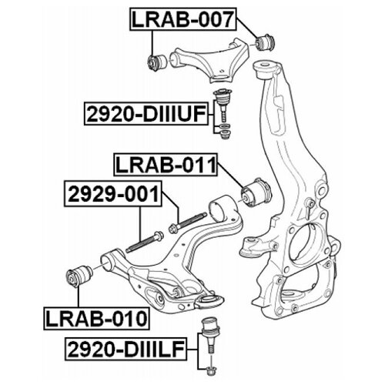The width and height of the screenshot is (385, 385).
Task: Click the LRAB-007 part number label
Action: [183, 19]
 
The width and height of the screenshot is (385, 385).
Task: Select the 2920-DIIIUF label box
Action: [146, 113]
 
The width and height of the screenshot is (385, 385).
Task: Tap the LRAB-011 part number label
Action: [166, 165]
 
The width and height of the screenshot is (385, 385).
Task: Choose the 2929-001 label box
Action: [113, 194]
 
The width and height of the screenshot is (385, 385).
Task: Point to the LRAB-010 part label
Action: [96, 318]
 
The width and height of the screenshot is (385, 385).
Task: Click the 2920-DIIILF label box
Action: [126, 349]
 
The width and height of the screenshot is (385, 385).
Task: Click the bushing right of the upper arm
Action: [265, 42]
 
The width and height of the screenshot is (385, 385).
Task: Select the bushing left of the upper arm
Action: [157, 62]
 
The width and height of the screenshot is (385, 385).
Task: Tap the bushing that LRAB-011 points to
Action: [256, 192]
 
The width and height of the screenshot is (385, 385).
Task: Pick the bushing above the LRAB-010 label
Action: [79, 276]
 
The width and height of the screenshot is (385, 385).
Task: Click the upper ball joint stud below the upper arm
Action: [223, 105]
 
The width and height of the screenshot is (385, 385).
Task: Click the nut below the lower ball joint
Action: [212, 370]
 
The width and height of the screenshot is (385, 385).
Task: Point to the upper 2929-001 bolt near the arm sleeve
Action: [188, 223]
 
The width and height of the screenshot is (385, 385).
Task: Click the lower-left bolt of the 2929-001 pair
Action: [145, 242]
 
